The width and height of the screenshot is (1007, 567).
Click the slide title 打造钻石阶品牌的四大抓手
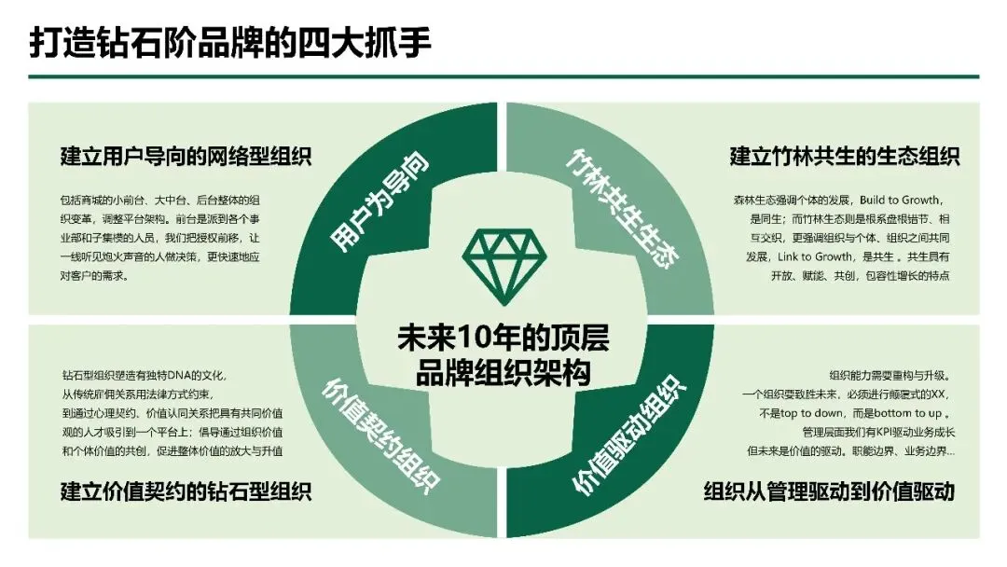pyautogui.click(x=230, y=43)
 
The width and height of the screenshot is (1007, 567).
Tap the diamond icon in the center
pyautogui.click(x=503, y=266)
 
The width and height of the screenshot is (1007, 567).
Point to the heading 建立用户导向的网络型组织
pyautogui.click(x=186, y=156)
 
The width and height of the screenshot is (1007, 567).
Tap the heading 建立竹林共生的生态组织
pyautogui.click(x=844, y=156)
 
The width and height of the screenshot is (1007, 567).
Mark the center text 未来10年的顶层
pyautogui.click(x=504, y=338)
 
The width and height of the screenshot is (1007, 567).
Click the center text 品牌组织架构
pyautogui.click(x=504, y=373)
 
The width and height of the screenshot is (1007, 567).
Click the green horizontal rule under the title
pyautogui.click(x=504, y=76)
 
